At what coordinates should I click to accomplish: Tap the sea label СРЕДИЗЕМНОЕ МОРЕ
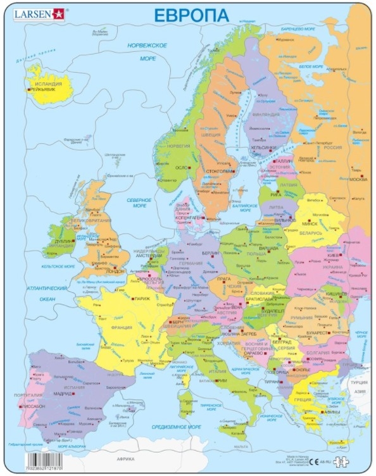coord(172,427)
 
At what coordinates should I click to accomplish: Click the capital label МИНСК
coord(310,223)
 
